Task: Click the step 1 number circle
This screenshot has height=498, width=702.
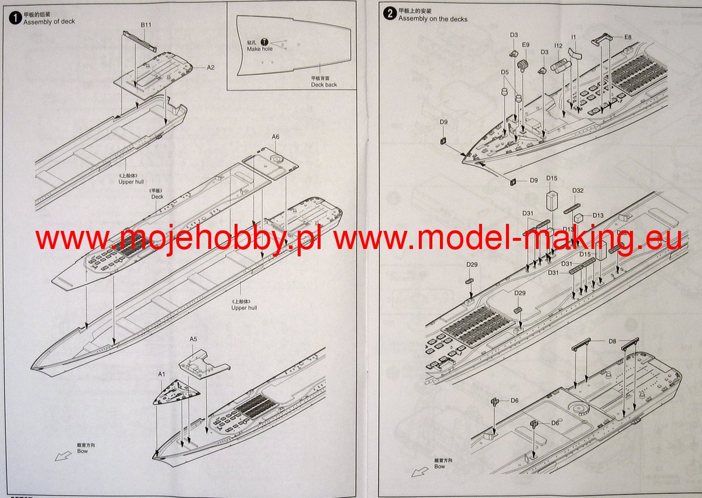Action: pos(16,17)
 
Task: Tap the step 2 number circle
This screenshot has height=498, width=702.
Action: pos(390,13)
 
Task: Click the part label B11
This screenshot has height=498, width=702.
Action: pos(146,25)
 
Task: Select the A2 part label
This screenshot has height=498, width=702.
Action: pos(211,67)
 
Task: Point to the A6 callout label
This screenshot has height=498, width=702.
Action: pos(276,137)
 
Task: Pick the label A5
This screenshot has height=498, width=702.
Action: pos(194,339)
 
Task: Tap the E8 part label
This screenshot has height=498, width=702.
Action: pos(628,37)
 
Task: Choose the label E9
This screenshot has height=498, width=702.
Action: pos(525,45)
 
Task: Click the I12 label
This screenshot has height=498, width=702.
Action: pos(559,46)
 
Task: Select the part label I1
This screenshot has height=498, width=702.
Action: pos(574,37)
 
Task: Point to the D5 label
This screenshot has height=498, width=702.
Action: pos(504,72)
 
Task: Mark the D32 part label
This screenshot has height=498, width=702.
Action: pos(578,191)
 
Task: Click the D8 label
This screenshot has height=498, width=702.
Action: pos(612,340)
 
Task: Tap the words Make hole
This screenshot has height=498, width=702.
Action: pos(259,49)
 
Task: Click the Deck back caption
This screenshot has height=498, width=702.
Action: pos(324,85)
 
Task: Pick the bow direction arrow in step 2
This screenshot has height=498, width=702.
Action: pos(417,471)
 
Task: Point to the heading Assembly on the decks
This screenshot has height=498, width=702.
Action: pos(433,19)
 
